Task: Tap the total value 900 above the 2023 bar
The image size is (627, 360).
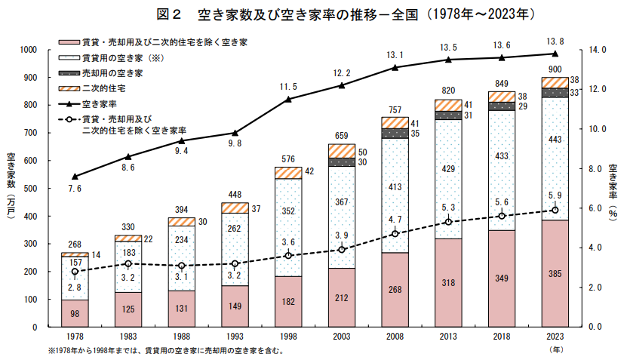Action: pyautogui.click(x=555, y=69)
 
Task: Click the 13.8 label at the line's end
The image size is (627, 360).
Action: pyautogui.click(x=555, y=39)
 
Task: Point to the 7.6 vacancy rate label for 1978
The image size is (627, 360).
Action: pyautogui.click(x=74, y=188)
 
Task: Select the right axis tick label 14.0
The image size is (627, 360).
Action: pyautogui.click(x=596, y=50)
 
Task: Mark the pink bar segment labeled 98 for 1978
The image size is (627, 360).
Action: pyautogui.click(x=74, y=313)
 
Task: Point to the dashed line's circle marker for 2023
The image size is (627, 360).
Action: pyautogui.click(x=555, y=211)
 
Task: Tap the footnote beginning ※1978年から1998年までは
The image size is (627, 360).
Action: pyautogui.click(x=166, y=352)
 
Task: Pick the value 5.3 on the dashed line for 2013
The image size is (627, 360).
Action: pyautogui.click(x=447, y=207)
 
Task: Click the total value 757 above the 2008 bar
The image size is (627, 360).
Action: pyautogui.click(x=394, y=110)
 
